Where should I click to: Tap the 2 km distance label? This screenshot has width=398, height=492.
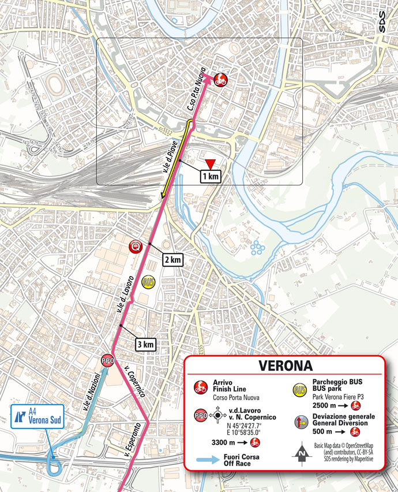172,259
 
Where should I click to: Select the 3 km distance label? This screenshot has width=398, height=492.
145,345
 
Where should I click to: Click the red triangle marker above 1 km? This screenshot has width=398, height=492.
211,163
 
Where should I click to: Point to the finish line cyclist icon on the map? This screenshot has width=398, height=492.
220,80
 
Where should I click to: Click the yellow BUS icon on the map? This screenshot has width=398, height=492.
148,282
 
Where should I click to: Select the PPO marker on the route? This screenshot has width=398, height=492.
107,360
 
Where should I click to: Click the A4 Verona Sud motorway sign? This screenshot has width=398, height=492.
30,417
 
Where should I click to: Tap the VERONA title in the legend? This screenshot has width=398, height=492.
285,366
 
